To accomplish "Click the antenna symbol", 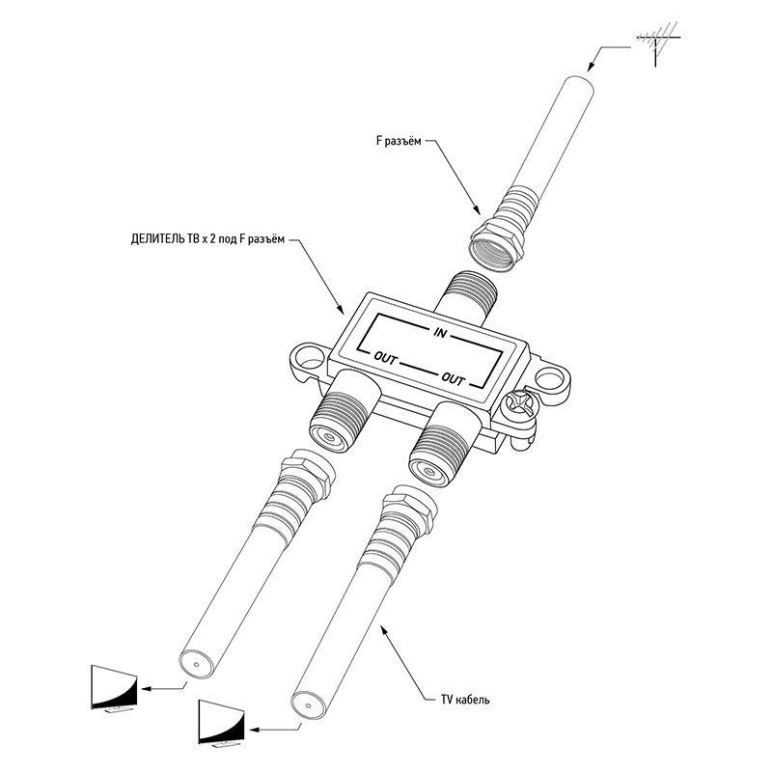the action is (x=657, y=42).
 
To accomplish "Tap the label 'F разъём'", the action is (x=399, y=141).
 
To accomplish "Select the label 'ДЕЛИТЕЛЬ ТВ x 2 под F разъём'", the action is (x=207, y=239).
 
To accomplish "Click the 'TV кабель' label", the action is (x=465, y=699).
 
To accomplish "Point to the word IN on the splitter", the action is (x=440, y=333).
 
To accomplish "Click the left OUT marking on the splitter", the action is (x=385, y=359).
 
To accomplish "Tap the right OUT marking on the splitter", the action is (x=453, y=379).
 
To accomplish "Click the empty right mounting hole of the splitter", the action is (x=549, y=378).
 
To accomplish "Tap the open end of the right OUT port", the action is (x=429, y=470).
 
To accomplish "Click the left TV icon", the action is (x=114, y=688).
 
